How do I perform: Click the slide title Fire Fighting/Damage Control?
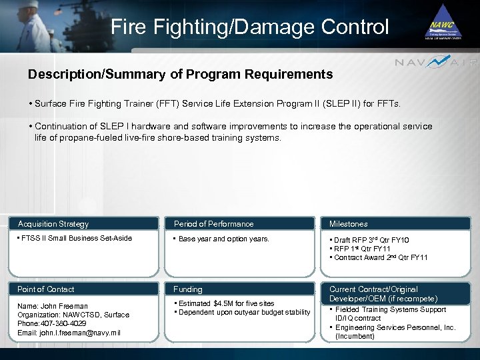pos(249,27)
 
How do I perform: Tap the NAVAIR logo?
pos(436,63)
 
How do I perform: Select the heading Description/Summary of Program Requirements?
pos(180,74)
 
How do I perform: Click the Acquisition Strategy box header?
pos(53,224)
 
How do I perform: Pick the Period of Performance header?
pos(213,224)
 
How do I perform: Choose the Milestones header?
pos(348,224)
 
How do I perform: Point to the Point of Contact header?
pos(46,289)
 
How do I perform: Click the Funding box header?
pos(188,289)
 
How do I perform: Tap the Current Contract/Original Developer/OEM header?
pos(383,294)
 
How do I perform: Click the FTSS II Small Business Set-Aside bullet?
pos(76,238)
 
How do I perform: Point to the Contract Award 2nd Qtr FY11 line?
pos(381,257)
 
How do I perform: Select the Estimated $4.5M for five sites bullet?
pos(226,303)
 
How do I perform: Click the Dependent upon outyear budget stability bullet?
pos(244,313)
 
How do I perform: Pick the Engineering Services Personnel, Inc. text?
pos(395,327)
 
